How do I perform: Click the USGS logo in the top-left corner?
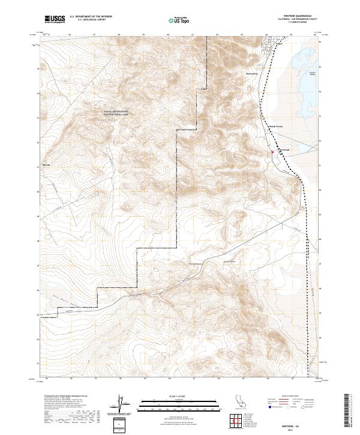[55, 19]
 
